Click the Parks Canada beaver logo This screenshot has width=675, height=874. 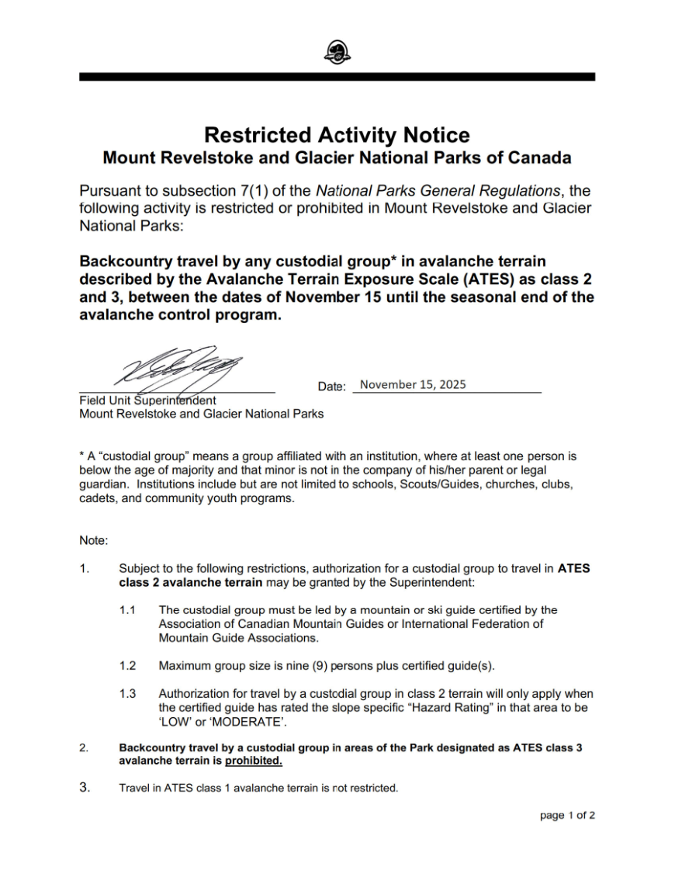coord(337,53)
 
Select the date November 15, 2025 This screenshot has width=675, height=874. coord(413,384)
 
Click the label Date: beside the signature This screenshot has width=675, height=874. coord(332,387)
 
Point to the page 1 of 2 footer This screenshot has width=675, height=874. coord(567,815)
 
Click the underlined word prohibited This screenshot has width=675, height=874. coord(254,761)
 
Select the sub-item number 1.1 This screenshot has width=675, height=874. coord(127,610)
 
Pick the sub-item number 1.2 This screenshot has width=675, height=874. coord(127,666)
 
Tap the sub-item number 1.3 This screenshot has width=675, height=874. coord(127,693)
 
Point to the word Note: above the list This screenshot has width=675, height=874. coord(93,539)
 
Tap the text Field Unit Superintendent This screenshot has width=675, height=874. coord(147,401)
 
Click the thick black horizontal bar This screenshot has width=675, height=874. coord(337,77)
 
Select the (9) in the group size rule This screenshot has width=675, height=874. coord(320,666)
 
